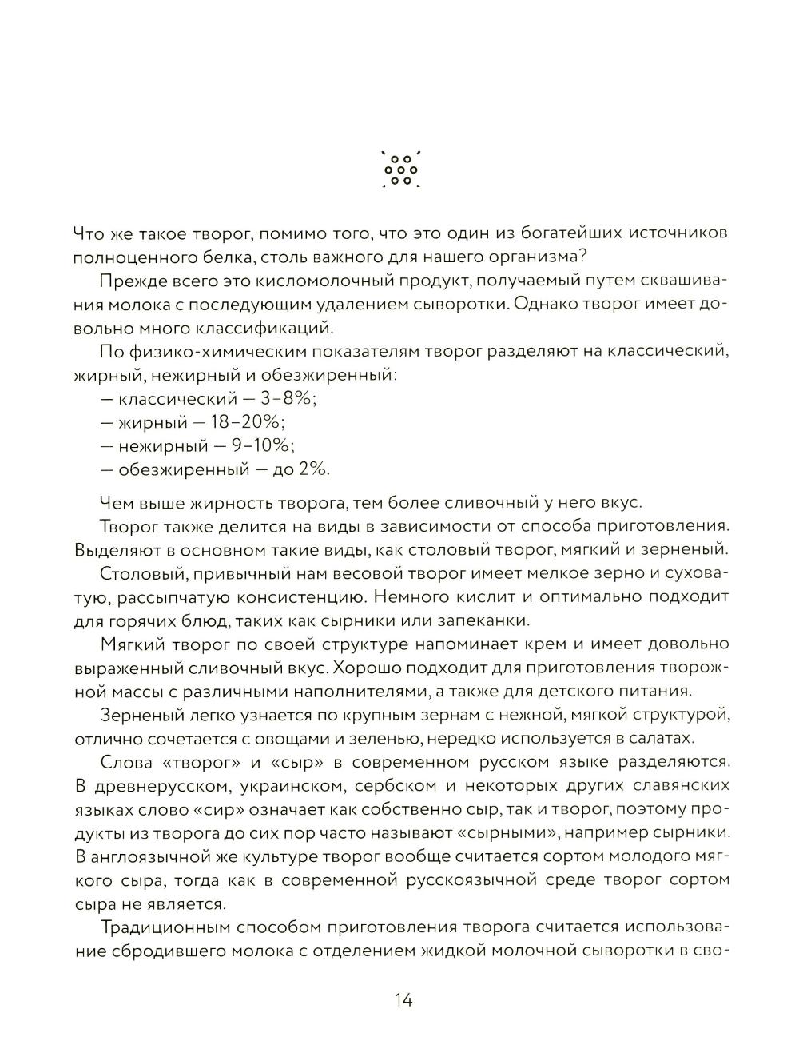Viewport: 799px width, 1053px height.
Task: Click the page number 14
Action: [403, 999]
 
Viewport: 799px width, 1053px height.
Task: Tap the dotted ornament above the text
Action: [401, 170]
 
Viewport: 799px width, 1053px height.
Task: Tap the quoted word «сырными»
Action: [500, 832]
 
